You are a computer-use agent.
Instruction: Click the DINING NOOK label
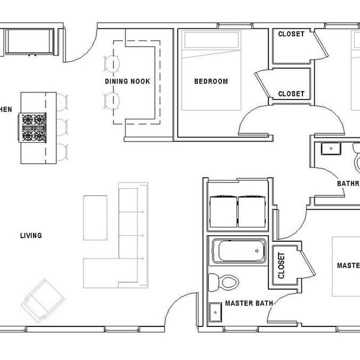click(127, 82)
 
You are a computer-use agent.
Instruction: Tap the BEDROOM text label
click(211, 82)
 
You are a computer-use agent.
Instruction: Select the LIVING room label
click(31, 236)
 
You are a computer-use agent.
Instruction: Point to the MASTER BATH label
click(245, 304)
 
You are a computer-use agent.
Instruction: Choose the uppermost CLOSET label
click(292, 34)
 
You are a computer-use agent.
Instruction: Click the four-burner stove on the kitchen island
click(34, 126)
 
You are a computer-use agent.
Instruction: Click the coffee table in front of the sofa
click(94, 217)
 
